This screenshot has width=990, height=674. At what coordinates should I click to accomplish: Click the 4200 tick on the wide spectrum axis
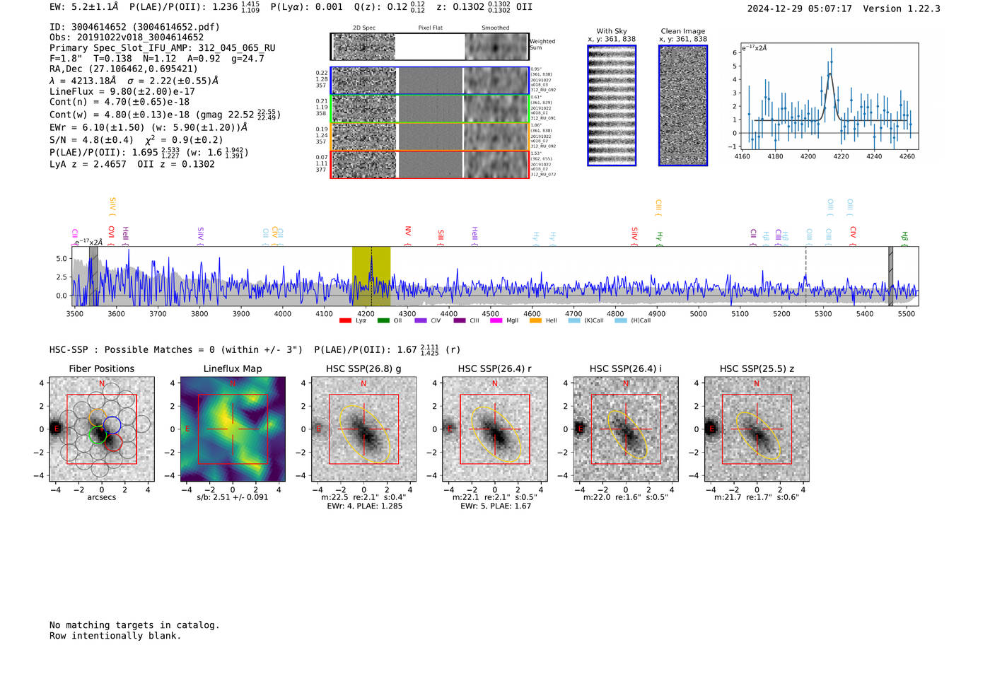tap(366, 313)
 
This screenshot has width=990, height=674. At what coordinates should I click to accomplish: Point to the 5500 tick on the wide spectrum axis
tap(906, 313)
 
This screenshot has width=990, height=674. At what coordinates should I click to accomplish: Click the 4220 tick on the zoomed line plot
tap(841, 156)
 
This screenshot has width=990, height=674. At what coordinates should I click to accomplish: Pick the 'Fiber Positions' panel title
tap(101, 368)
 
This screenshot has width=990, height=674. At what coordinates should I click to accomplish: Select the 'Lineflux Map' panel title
tap(233, 368)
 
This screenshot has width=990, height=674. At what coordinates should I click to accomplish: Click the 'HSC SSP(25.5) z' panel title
tap(757, 368)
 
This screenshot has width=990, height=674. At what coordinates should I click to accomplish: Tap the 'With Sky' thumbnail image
tap(612, 105)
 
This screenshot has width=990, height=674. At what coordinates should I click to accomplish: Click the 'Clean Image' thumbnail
tap(683, 105)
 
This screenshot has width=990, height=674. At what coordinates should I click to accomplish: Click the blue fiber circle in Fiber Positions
tap(112, 425)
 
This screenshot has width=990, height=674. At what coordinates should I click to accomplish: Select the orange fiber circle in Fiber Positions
tap(98, 417)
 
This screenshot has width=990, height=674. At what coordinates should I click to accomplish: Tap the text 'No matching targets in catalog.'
tap(134, 624)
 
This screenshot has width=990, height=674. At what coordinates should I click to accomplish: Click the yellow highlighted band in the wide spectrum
tap(371, 277)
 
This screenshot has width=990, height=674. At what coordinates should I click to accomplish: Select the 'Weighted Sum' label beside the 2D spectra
tap(542, 45)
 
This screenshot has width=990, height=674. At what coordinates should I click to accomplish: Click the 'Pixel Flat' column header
tap(430, 28)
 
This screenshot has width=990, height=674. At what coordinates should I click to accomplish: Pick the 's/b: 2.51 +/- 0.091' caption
tap(233, 497)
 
